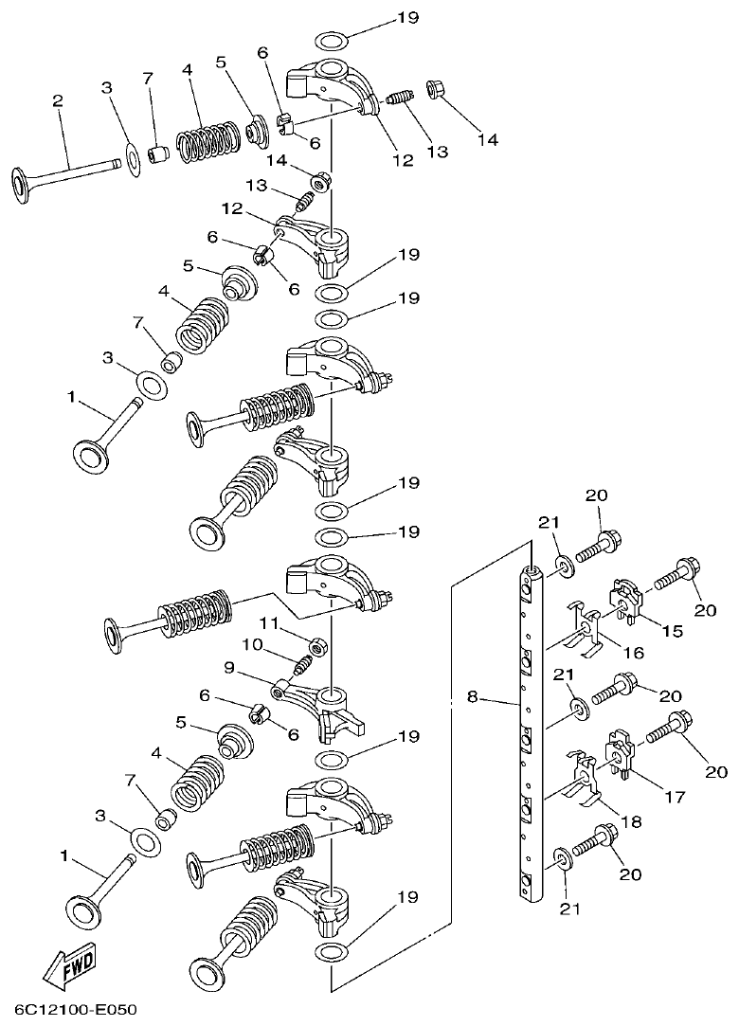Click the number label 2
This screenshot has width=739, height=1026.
(59, 100)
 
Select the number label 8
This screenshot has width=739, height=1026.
(472, 698)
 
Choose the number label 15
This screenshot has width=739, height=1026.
(673, 631)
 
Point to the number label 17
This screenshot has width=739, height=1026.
(674, 797)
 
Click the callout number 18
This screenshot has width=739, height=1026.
(631, 821)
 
